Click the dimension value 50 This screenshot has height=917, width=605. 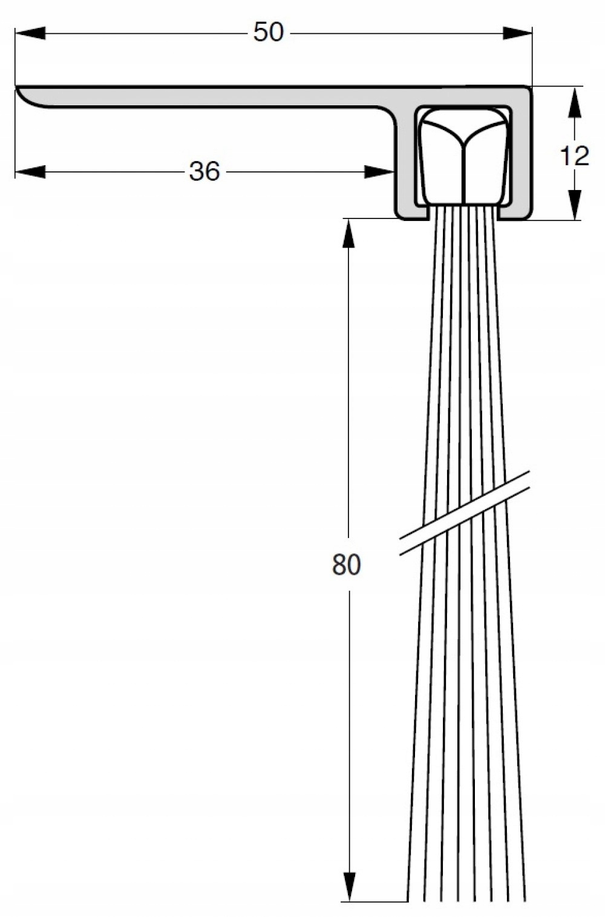pos(268,32)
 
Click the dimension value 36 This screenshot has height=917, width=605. pos(204,172)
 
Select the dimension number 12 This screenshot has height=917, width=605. pos(574,157)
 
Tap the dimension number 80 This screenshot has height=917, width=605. pos(346,564)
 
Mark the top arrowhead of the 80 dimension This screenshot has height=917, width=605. pos(348,233)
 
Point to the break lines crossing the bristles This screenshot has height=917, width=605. pos(465,512)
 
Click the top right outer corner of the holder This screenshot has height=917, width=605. pos(528,90)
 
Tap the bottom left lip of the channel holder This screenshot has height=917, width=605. pos(411,214)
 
